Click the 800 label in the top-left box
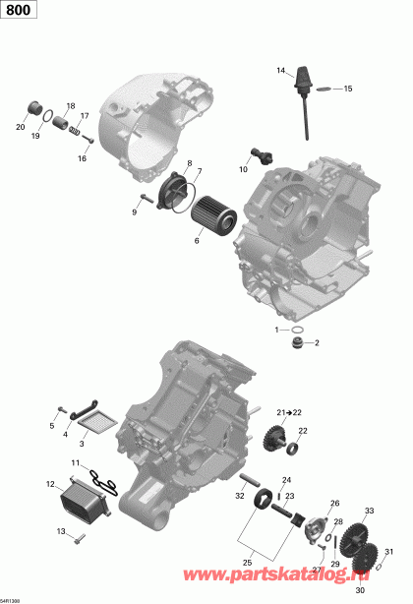(15, 9)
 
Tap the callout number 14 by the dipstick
(279, 70)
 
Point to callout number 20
(20, 127)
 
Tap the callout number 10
(243, 169)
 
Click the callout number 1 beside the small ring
(277, 329)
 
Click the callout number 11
(76, 462)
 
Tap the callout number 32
(240, 496)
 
